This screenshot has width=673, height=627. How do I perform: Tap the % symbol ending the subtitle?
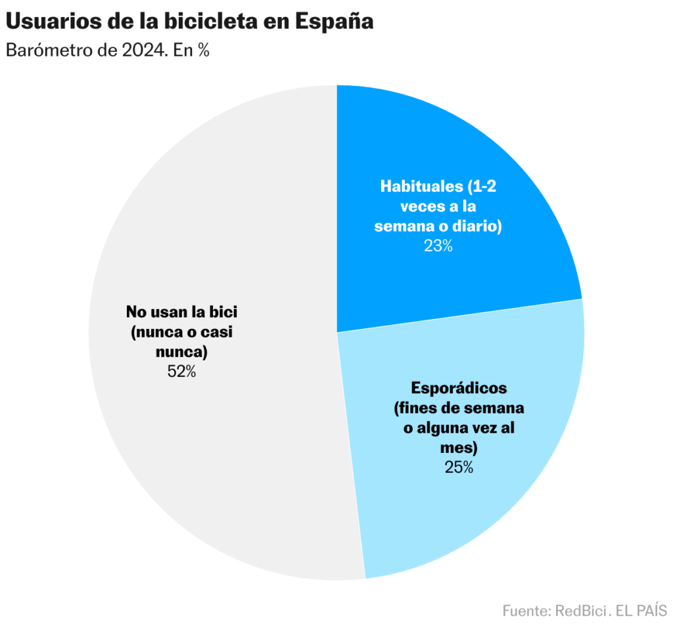pos(202,51)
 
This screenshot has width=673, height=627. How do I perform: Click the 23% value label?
pos(438,246)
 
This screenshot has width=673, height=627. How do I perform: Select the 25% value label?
pos(459,467)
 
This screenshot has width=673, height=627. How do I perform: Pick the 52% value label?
pos(181,371)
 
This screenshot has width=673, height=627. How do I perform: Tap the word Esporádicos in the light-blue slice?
pos(459,387)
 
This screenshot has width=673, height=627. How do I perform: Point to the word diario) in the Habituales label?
pos(478,227)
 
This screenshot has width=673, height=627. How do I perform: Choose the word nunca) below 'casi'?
pos(181,351)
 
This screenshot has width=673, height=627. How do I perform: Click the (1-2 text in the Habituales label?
pos(479,186)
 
